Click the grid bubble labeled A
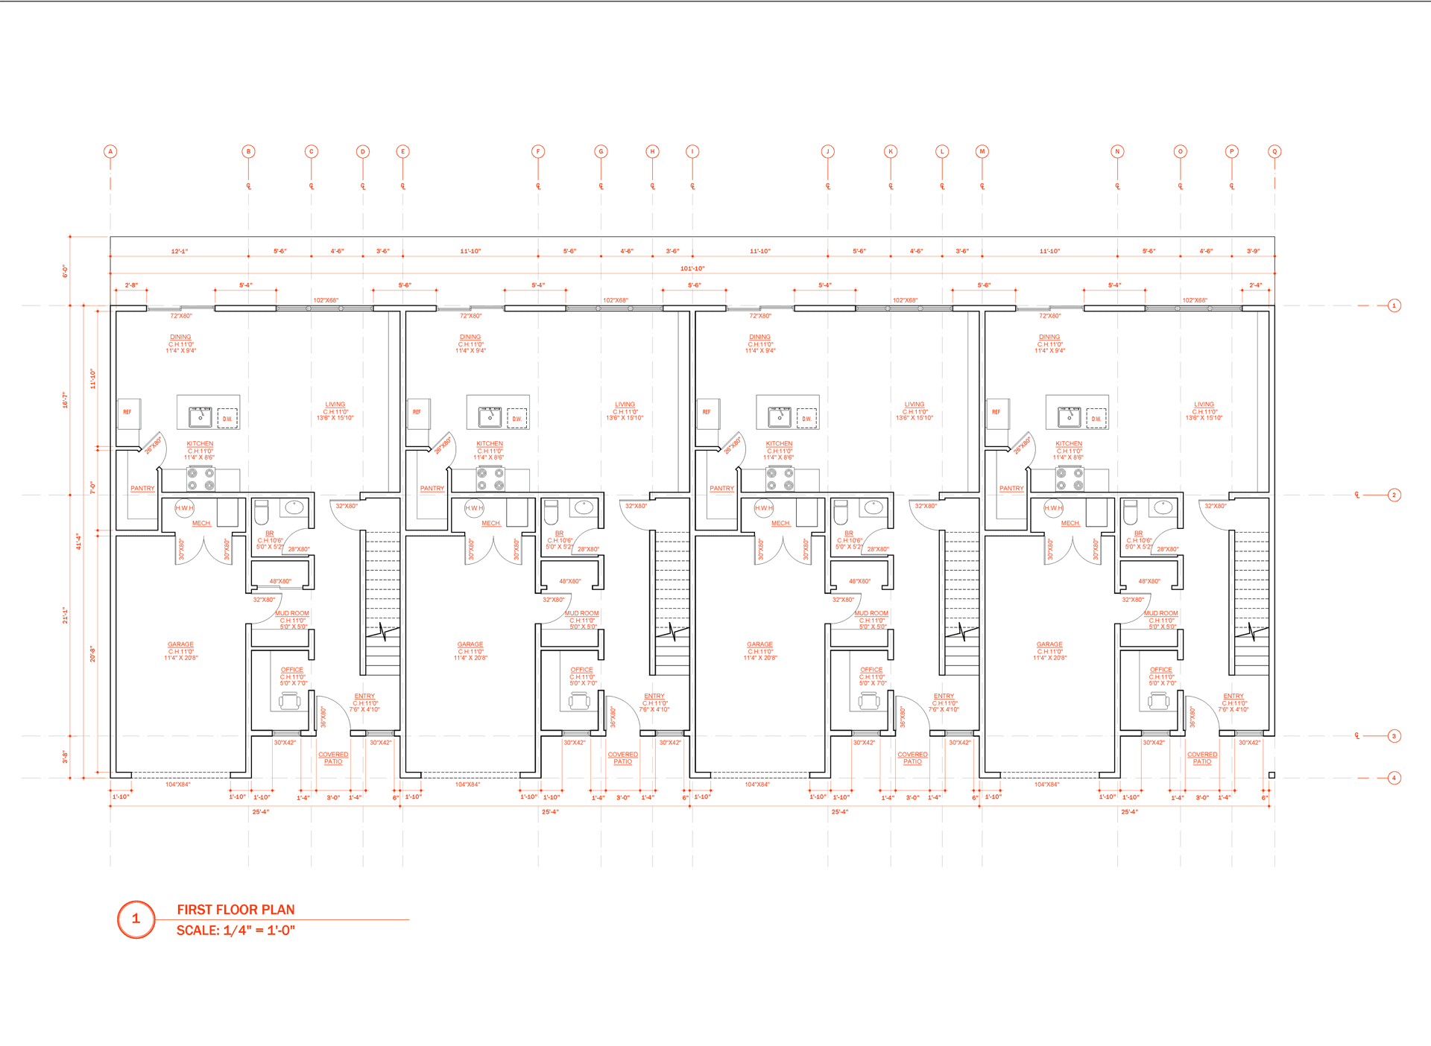click(x=110, y=151)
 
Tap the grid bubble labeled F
click(x=538, y=151)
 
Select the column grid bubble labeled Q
click(x=1274, y=151)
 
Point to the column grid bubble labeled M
click(x=982, y=151)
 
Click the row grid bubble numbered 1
click(x=1394, y=305)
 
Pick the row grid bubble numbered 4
click(x=1394, y=778)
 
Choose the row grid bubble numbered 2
click(x=1394, y=495)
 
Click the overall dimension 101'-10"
click(x=692, y=268)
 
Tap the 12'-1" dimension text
click(x=180, y=251)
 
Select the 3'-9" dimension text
click(x=1254, y=251)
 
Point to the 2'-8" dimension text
click(x=131, y=285)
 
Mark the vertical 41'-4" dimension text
click(x=78, y=542)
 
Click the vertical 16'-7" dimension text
click(x=65, y=400)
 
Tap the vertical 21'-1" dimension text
click(x=65, y=615)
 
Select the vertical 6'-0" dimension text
click(x=65, y=271)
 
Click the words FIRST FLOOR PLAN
click(x=236, y=910)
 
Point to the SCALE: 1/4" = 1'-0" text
click(x=236, y=931)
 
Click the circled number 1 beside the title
click(x=136, y=919)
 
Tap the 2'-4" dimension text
click(x=1256, y=285)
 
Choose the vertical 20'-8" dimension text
click(x=93, y=654)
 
